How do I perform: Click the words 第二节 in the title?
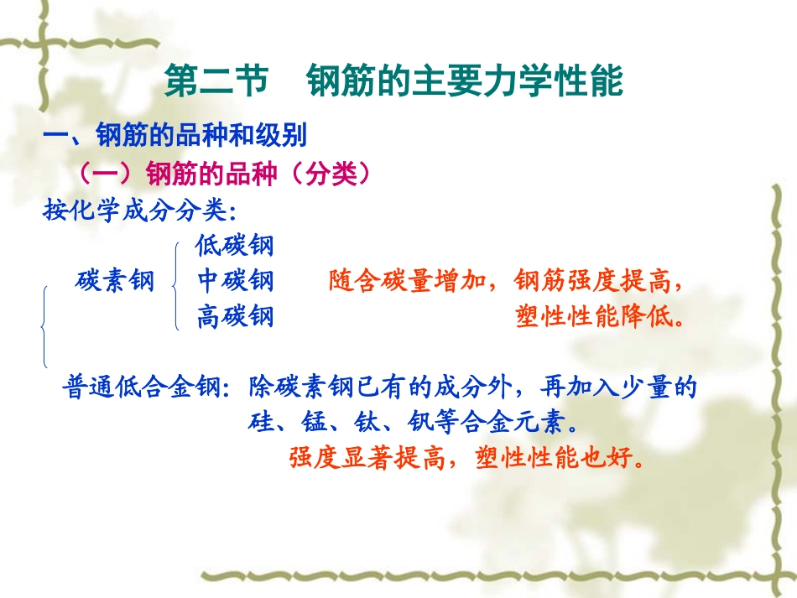(214, 82)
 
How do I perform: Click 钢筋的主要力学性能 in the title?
(465, 82)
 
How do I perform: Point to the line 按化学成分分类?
(138, 210)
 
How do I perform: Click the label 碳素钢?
(115, 281)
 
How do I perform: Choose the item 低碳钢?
(235, 245)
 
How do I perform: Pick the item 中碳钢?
(235, 281)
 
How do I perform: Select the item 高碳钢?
(235, 317)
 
